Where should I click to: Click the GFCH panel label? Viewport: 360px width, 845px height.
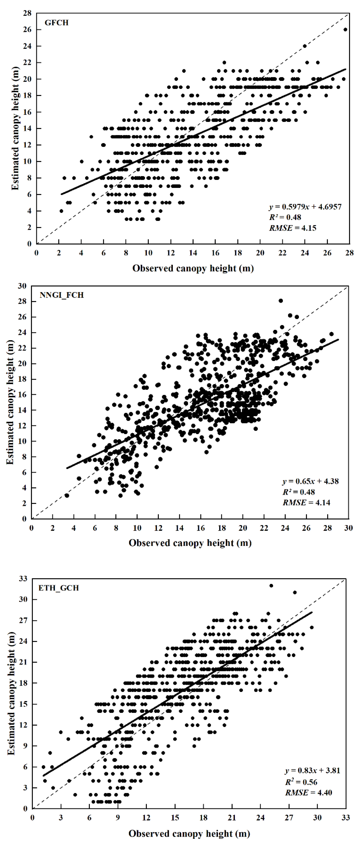click(x=56, y=23)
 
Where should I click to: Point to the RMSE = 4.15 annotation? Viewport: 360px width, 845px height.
click(x=293, y=228)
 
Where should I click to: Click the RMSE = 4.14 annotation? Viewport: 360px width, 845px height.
click(x=306, y=503)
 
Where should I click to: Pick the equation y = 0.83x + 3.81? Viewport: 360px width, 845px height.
click(x=312, y=770)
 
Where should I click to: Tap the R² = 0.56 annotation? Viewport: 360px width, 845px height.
click(x=301, y=782)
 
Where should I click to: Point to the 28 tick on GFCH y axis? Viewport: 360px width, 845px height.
click(x=27, y=13)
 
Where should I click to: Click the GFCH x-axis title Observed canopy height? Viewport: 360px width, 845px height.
click(x=193, y=268)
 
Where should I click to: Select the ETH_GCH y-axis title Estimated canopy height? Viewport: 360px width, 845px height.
click(x=11, y=693)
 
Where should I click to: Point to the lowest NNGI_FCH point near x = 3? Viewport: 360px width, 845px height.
click(x=67, y=495)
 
